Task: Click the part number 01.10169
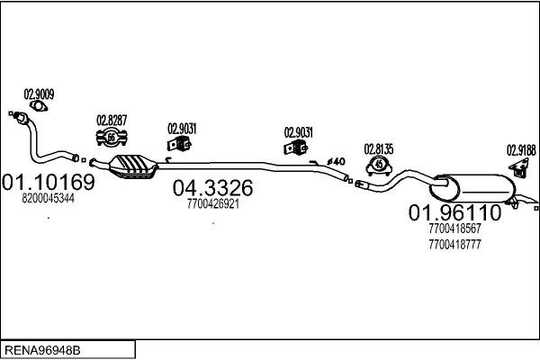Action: point(49,182)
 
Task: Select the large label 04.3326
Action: point(212,188)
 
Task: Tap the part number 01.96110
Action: point(454,212)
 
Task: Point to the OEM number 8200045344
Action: point(49,198)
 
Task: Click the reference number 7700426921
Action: point(213,204)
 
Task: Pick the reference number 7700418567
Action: point(454,229)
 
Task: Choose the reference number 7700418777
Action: point(454,245)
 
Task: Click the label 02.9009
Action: point(39,94)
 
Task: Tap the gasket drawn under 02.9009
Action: point(39,106)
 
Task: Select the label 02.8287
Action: point(112,121)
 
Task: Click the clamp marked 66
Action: point(112,138)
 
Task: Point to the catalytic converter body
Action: point(133,166)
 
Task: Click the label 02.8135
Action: point(379,149)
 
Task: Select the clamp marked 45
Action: point(379,166)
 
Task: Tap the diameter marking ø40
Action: point(336,161)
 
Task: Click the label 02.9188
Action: point(521,150)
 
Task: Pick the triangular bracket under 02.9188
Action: point(519,167)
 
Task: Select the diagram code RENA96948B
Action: point(42,350)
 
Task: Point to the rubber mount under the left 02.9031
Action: point(179,143)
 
